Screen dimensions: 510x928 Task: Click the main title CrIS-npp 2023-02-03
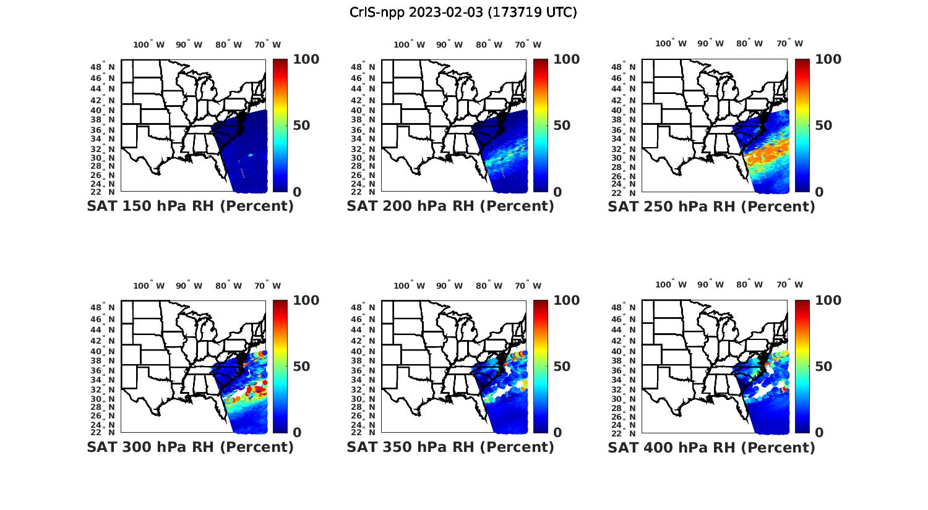pos(463,12)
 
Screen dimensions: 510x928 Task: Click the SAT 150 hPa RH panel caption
pos(190,206)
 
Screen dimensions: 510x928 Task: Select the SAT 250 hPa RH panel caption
pos(711,206)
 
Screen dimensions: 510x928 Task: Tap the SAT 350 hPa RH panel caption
pos(450,447)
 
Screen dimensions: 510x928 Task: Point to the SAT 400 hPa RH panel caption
pos(711,447)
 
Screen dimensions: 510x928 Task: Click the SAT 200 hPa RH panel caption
pos(450,206)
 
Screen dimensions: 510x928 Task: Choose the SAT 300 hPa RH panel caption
pos(190,447)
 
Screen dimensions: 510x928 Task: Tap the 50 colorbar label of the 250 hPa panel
pos(823,125)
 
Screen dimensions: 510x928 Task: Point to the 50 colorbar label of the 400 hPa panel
pos(823,367)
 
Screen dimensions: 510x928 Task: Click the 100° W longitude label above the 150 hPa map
pos(149,45)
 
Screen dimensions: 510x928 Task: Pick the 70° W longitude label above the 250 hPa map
pos(789,43)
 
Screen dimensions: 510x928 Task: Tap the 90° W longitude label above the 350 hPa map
pos(449,286)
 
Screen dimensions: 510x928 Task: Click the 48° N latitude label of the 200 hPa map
pos(363,67)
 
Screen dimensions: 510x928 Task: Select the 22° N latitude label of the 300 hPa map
pos(103,432)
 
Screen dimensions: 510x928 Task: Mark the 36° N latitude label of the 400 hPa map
pos(624,370)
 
